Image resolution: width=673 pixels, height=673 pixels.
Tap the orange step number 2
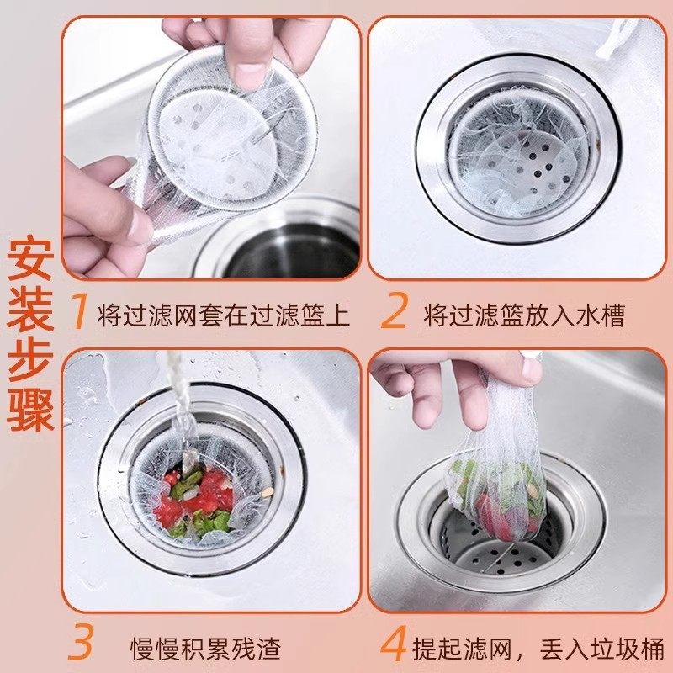coord(394,313)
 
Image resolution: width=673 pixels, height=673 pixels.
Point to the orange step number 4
coord(394,645)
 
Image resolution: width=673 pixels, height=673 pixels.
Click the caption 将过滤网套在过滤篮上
coord(223,315)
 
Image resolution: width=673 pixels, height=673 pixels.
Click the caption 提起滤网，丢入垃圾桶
coord(538,649)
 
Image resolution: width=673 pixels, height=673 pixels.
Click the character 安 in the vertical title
coord(31,263)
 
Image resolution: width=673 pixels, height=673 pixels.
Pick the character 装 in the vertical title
coord(31,315)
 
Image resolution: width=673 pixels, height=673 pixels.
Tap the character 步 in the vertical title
coord(31,367)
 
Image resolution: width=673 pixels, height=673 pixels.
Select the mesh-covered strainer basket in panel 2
coord(517,156)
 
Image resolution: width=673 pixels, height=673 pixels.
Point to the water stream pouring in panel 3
coord(179,404)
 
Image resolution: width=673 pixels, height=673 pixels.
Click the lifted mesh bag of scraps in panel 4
coord(496,488)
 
